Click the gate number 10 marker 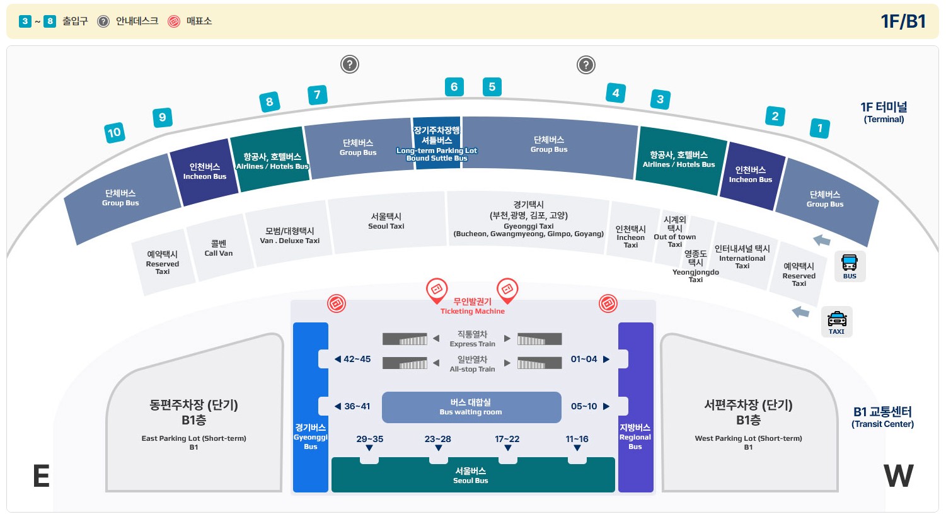114,132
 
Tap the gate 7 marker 317,95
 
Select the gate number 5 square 492,87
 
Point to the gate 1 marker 819,128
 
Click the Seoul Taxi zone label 386,221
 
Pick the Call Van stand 219,248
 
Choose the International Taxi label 742,257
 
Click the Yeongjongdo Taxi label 695,266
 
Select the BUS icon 850,266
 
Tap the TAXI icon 836,322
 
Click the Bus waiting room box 471,407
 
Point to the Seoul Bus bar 471,475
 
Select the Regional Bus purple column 635,407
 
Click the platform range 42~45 353,359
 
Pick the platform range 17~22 507,440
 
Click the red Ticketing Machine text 472,307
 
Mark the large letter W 898,476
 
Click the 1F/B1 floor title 903,21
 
